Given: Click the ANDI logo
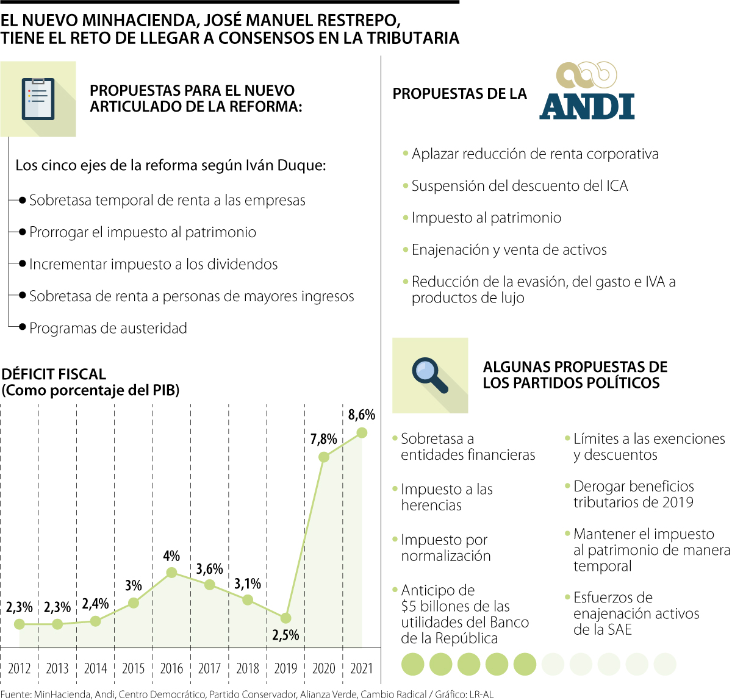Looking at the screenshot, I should (587, 91).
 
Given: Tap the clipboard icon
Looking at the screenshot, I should (38, 99).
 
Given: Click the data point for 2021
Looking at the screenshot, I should (362, 432).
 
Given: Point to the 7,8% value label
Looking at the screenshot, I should (323, 439).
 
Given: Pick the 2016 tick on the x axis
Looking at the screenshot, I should (171, 668).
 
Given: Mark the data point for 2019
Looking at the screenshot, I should (285, 618).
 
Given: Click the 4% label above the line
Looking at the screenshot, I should (171, 555).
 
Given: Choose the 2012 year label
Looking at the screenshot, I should (20, 668).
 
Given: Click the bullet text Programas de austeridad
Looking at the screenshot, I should (108, 328).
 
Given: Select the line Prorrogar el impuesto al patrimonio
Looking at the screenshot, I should (143, 232).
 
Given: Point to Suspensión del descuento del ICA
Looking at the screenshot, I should (520, 186).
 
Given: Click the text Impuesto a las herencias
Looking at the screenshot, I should (447, 497).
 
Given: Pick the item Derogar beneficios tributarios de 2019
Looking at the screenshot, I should (633, 494).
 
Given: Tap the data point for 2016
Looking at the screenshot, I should (171, 573).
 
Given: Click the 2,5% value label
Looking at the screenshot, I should (285, 635).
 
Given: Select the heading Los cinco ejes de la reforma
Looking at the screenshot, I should (171, 165).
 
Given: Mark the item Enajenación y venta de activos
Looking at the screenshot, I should (509, 249).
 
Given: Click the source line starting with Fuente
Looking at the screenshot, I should (247, 694).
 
